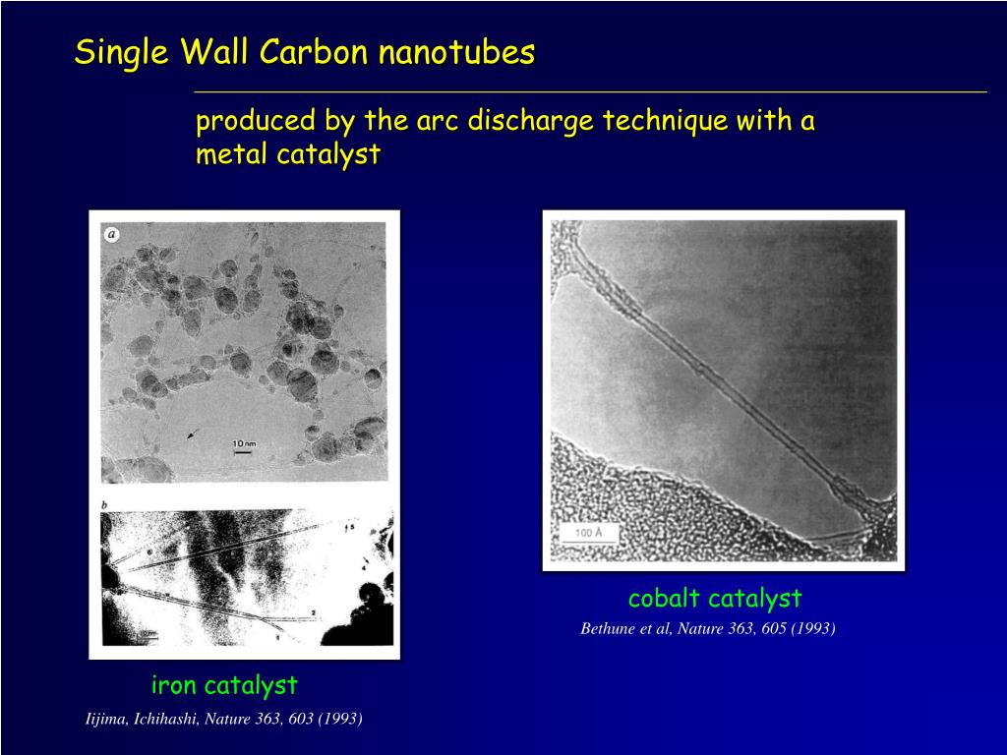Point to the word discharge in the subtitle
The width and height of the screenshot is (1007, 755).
click(531, 122)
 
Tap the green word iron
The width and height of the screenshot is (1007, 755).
click(174, 684)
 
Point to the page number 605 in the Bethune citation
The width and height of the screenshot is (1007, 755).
click(774, 628)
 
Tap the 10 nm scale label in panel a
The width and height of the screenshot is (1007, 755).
click(243, 443)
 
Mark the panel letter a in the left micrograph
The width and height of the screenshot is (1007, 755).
click(112, 234)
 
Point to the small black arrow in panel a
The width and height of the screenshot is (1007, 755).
click(192, 434)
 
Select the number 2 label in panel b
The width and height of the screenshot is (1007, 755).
click(313, 612)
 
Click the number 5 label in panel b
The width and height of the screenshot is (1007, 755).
click(352, 528)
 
